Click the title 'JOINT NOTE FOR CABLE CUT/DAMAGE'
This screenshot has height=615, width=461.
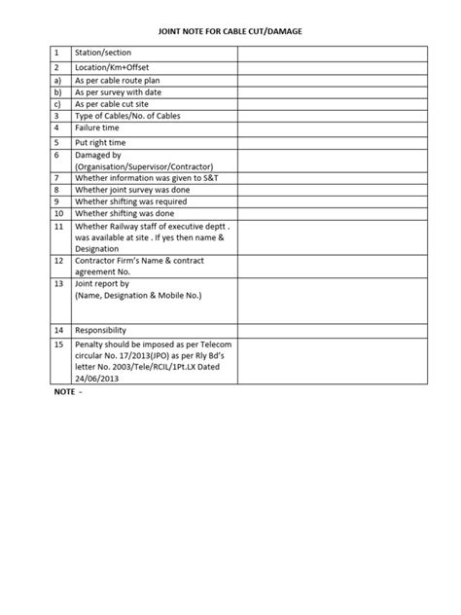(230, 32)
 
